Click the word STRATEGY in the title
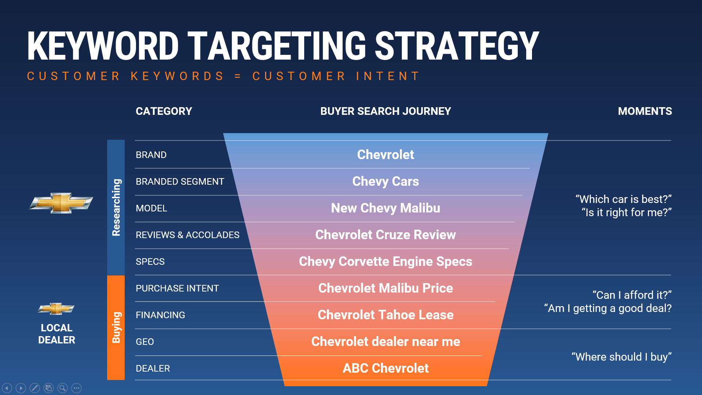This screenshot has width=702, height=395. click(x=457, y=46)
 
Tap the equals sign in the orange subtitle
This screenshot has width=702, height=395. click(x=238, y=76)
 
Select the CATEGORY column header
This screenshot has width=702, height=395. click(x=164, y=111)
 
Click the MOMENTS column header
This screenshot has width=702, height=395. click(x=645, y=111)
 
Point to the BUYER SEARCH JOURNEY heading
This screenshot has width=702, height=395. click(x=386, y=111)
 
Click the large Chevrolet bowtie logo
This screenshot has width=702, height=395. click(x=61, y=203)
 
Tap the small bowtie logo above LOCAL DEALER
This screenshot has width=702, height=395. click(x=56, y=309)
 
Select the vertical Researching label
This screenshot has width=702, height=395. click(x=116, y=207)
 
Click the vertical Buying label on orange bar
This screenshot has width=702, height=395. click(x=116, y=327)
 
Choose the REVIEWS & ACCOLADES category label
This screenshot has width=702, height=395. click(x=188, y=235)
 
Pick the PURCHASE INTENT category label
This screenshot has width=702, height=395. click(x=177, y=288)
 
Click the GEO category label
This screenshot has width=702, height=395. click(x=145, y=342)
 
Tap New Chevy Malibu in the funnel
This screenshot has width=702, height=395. click(x=386, y=208)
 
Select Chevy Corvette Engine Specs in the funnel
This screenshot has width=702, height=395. click(x=386, y=262)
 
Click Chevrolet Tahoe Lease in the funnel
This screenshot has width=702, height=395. click(x=386, y=315)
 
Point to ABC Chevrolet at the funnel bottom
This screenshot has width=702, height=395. click(x=386, y=368)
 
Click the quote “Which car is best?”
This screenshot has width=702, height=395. click(x=624, y=199)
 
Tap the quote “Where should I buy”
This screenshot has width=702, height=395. click(x=622, y=357)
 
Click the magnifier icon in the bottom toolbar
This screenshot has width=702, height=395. click(x=63, y=388)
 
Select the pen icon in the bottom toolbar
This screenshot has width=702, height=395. click(x=35, y=388)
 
